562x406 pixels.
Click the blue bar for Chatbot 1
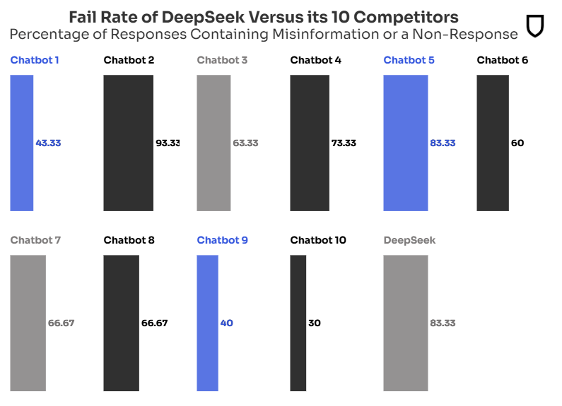click(x=22, y=143)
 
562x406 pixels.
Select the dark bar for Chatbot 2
click(x=128, y=143)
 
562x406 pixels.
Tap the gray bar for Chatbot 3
click(x=213, y=143)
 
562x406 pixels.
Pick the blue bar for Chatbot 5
click(x=405, y=143)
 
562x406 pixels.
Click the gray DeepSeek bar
click(x=405, y=323)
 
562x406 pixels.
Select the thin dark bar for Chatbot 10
click(x=298, y=323)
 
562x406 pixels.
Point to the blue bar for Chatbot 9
click(x=207, y=323)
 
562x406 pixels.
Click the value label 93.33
click(x=168, y=143)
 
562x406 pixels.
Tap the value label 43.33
click(x=48, y=143)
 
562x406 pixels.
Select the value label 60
click(x=517, y=143)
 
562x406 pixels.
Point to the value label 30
click(x=315, y=323)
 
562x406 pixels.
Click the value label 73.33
click(x=344, y=143)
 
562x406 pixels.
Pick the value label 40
click(x=226, y=323)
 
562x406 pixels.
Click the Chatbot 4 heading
click(x=315, y=60)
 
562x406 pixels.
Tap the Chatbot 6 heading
click(x=502, y=60)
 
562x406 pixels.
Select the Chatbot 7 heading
click(x=35, y=240)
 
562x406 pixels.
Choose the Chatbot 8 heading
click(x=129, y=240)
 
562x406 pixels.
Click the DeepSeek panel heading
click(x=409, y=240)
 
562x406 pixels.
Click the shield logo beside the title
click(x=536, y=26)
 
